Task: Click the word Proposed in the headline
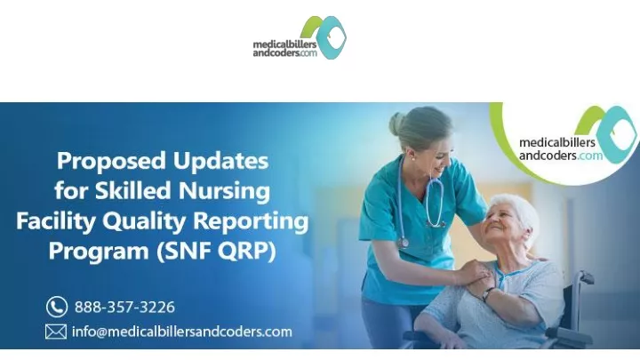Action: pos(111,161)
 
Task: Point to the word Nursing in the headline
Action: pos(224,191)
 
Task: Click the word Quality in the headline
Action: pos(144,221)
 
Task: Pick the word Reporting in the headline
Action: pos(251,221)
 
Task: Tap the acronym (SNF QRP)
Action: pos(216,251)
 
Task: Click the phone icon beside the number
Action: pos(57,307)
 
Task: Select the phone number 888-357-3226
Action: pos(124,307)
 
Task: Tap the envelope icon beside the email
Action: pos(56,332)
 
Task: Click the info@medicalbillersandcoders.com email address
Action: pos(182,332)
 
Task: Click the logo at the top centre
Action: pos(300,37)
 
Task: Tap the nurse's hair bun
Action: pos(396,124)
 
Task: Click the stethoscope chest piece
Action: pos(404,243)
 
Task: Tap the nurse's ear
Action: pos(411,156)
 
